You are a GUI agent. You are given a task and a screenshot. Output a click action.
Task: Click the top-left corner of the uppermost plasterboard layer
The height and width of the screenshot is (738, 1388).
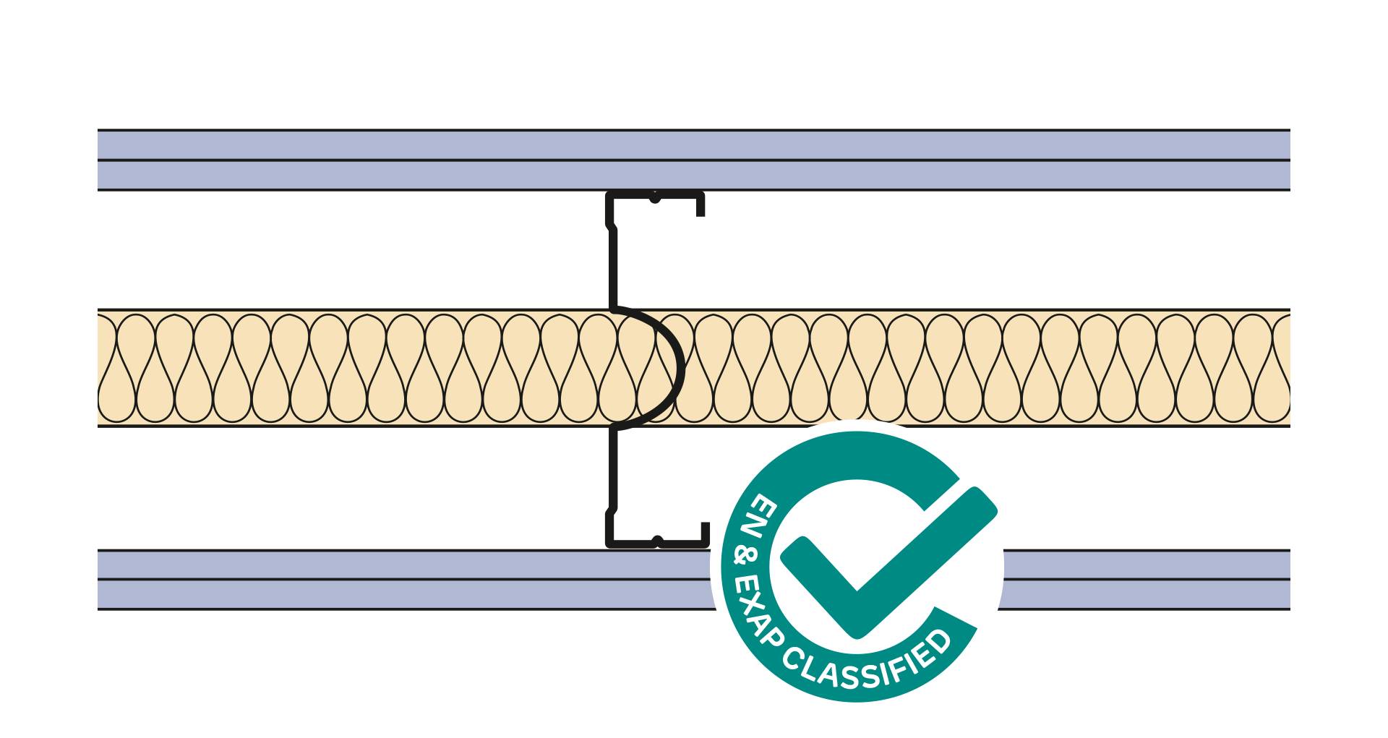98,130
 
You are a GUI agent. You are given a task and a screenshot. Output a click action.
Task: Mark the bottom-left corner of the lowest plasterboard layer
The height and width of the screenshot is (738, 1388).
98,609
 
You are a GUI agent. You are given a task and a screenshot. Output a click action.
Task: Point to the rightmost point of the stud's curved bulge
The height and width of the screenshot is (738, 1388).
683,369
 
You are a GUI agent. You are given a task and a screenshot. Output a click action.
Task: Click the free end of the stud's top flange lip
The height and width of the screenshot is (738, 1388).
701,215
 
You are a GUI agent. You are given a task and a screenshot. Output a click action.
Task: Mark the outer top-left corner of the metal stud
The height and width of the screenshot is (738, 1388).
607,192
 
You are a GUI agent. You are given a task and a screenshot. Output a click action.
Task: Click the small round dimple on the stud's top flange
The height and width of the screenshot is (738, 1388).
654,197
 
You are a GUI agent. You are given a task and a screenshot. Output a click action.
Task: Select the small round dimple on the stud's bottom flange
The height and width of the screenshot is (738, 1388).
657,541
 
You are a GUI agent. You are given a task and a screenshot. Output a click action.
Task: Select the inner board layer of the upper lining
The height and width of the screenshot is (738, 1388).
694,175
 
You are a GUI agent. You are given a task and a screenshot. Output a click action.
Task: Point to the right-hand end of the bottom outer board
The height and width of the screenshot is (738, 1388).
1290,594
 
